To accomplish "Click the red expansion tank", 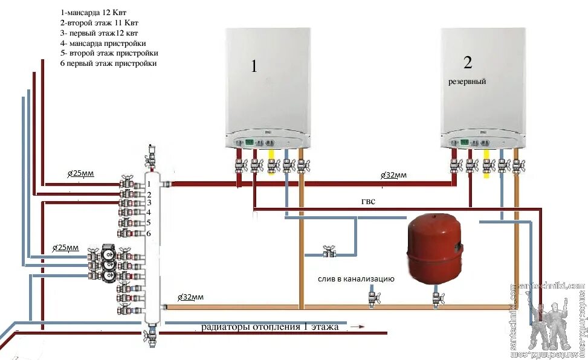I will click(435, 248).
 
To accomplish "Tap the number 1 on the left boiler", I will click(254, 66).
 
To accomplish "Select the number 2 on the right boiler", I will click(468, 62).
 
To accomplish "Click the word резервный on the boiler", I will click(467, 81).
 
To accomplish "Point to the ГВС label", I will click(369, 201).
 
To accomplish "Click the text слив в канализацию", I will click(357, 279).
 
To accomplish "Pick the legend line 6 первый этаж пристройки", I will click(109, 63).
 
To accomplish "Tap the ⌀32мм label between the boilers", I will click(393, 175).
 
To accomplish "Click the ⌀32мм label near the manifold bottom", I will click(190, 297).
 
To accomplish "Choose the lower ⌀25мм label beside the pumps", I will click(65, 248).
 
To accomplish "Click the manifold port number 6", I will click(148, 233).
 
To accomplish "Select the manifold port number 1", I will click(148, 183).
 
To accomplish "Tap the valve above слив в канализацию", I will click(329, 251).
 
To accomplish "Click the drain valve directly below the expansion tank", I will click(436, 298).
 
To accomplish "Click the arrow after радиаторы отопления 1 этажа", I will click(358, 327).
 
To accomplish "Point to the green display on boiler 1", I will click(248, 143).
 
